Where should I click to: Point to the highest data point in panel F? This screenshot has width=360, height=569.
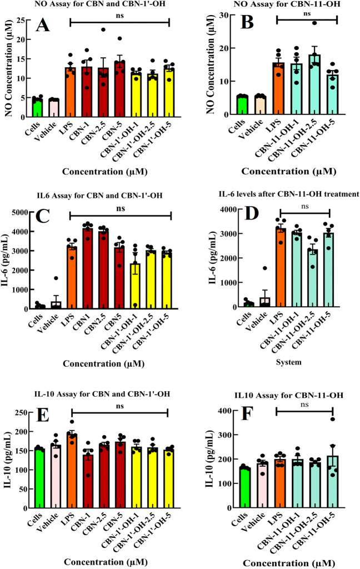pos(333,419)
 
